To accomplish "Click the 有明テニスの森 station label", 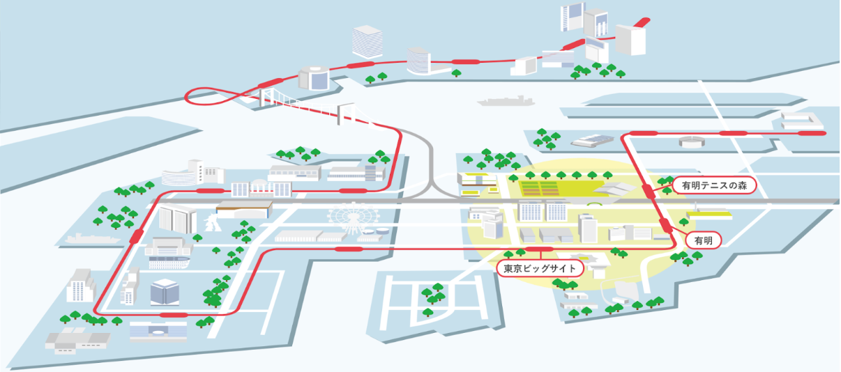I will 714,185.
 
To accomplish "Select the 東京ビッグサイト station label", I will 536,268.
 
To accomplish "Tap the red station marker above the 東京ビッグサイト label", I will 538,249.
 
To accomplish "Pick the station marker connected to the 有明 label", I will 667,224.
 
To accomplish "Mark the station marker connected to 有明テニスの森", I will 649,191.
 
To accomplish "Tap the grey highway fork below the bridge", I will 432,178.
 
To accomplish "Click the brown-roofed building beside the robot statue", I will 243,209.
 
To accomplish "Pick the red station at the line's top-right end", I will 811,132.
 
